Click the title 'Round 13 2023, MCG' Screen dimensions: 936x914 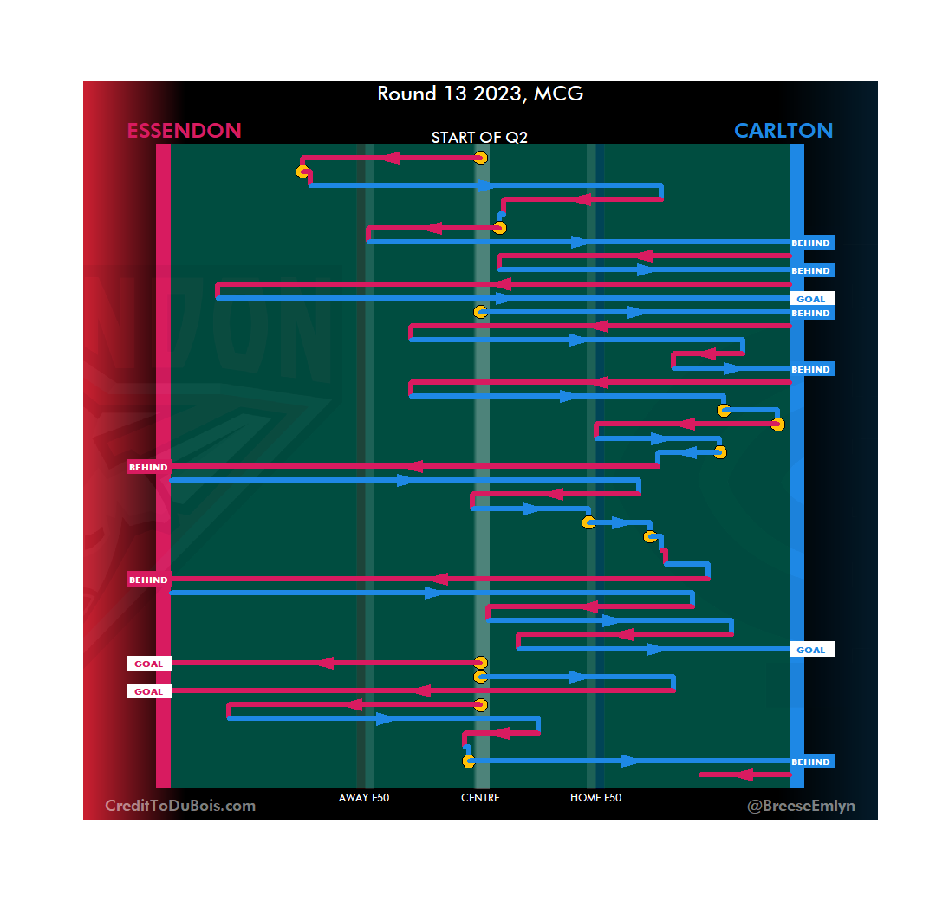tap(480, 94)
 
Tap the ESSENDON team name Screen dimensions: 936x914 tap(184, 131)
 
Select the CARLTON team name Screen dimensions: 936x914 tap(783, 131)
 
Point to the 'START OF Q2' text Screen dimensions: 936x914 tap(479, 138)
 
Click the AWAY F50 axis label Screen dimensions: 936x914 tap(364, 798)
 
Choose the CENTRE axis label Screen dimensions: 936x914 tap(480, 798)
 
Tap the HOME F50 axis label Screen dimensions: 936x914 tap(595, 798)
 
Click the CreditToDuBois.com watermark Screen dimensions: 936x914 tap(180, 806)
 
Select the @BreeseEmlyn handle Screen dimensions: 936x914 tap(801, 806)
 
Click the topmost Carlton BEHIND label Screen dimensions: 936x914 tap(811, 243)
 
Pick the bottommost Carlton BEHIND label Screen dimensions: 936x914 tap(811, 762)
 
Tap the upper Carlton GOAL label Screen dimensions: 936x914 tap(811, 299)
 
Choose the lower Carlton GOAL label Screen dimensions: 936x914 tap(811, 650)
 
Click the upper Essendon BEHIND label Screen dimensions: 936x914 tap(148, 467)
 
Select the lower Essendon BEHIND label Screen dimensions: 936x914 tap(148, 580)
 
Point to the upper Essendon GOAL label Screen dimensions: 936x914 tap(148, 664)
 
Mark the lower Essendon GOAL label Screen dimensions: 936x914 tap(148, 691)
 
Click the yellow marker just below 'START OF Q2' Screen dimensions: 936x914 tap(481, 158)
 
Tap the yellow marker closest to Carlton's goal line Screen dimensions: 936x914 tap(777, 425)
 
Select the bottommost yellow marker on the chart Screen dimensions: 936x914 tap(469, 762)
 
